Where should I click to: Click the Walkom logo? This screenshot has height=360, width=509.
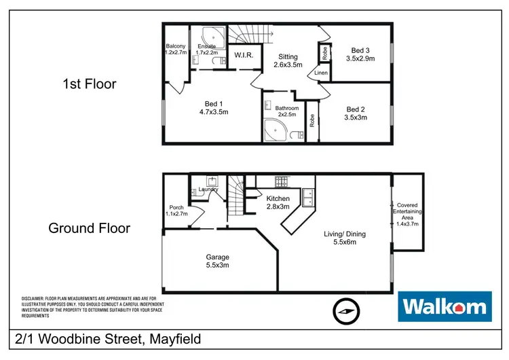(444, 307)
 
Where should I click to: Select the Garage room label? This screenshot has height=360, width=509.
(217, 261)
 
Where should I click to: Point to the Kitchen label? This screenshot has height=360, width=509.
(278, 202)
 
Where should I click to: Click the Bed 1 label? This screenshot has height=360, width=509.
(212, 107)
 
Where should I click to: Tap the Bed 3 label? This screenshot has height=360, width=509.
(360, 54)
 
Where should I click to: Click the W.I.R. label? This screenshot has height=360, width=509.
(244, 55)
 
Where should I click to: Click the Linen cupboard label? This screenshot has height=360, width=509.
(320, 73)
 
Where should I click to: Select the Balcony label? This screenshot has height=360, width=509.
(175, 48)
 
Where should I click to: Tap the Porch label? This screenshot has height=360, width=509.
(176, 211)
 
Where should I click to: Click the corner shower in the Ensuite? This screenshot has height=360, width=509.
(202, 35)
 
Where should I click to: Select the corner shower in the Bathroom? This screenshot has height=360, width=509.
(276, 132)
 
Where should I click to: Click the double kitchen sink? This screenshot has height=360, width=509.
(308, 196)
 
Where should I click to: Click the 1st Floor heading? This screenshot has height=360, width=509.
(89, 84)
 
